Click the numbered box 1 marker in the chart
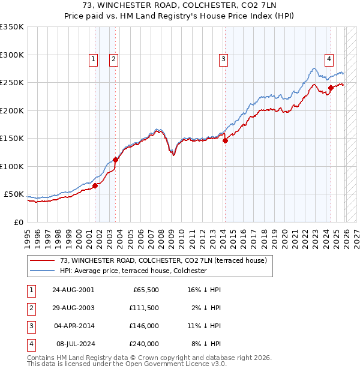(x=94, y=59)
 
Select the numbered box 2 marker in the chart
(x=113, y=59)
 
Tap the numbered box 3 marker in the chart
(x=223, y=59)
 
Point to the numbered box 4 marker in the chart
(x=329, y=59)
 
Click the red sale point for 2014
(x=225, y=142)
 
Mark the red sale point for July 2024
(x=331, y=88)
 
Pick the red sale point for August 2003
(x=116, y=160)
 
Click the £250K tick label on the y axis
(x=12, y=83)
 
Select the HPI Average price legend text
(x=133, y=271)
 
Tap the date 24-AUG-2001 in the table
(x=73, y=290)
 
